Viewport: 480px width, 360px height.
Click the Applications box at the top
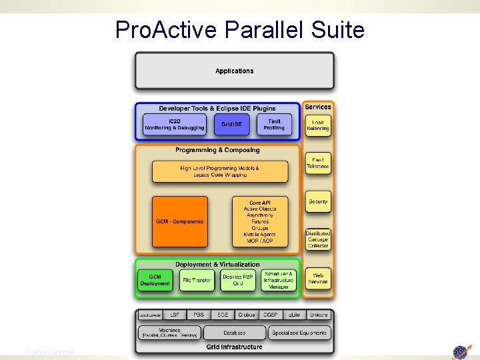click(x=234, y=71)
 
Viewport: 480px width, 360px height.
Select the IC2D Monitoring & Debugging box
click(x=175, y=125)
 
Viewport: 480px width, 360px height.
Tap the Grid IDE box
click(x=231, y=125)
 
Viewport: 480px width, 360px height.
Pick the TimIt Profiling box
click(x=274, y=125)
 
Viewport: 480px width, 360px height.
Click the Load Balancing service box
click(x=318, y=125)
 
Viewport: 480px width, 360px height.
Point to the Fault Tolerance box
click(x=318, y=163)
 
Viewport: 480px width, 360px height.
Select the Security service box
click(x=318, y=201)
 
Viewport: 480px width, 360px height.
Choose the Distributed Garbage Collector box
click(x=318, y=240)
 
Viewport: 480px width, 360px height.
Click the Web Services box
click(x=318, y=278)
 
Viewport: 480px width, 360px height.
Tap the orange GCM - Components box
click(x=179, y=221)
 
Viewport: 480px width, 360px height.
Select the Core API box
click(x=260, y=221)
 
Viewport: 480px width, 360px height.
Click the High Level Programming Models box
click(x=220, y=171)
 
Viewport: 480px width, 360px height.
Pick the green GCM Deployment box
click(x=155, y=281)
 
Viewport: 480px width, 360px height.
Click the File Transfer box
click(x=197, y=281)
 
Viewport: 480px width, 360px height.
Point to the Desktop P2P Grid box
click(x=237, y=281)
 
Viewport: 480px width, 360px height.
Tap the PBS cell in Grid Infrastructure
click(x=199, y=315)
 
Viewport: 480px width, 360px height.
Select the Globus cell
click(x=246, y=315)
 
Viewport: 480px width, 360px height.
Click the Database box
click(x=234, y=333)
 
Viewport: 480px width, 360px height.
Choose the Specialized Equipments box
click(x=299, y=333)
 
